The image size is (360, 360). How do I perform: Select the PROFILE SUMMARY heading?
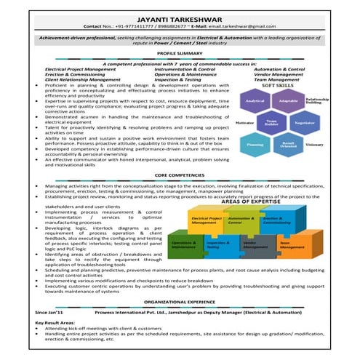(x=179, y=54)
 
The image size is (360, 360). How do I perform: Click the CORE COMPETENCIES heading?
(x=179, y=175)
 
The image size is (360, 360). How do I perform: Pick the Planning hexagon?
(x=255, y=144)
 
